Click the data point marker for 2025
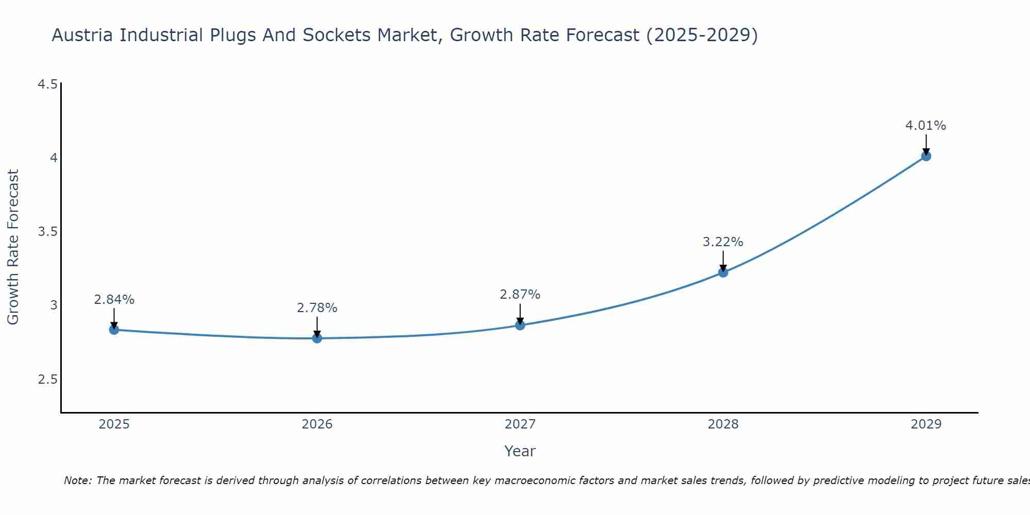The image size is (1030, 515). click(x=114, y=330)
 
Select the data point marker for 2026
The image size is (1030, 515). click(x=317, y=338)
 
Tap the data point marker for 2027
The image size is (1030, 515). click(x=520, y=325)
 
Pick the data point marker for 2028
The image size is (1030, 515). click(x=723, y=272)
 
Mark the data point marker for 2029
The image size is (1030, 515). click(x=926, y=156)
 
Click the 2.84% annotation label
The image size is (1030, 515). click(x=114, y=300)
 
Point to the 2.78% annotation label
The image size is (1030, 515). click(x=317, y=308)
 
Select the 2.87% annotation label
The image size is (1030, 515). click(x=520, y=295)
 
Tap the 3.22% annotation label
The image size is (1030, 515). click(x=723, y=242)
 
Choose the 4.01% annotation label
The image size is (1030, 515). click(x=926, y=126)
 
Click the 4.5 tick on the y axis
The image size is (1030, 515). click(x=48, y=84)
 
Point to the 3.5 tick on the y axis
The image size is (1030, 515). click(x=48, y=232)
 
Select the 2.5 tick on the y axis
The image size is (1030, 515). click(x=48, y=380)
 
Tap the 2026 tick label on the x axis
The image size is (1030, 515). click(x=317, y=424)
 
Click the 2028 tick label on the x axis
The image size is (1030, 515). click(x=723, y=424)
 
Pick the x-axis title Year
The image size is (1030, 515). click(x=520, y=451)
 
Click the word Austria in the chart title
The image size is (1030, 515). click(x=83, y=36)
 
